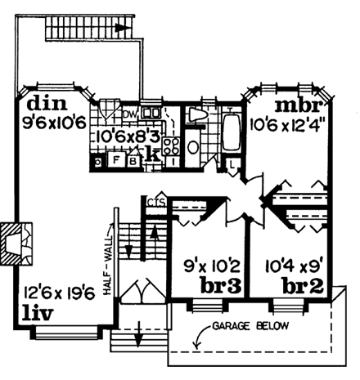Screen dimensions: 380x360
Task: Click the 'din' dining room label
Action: [x=40, y=105]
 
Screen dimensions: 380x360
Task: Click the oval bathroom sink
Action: [x=193, y=148]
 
